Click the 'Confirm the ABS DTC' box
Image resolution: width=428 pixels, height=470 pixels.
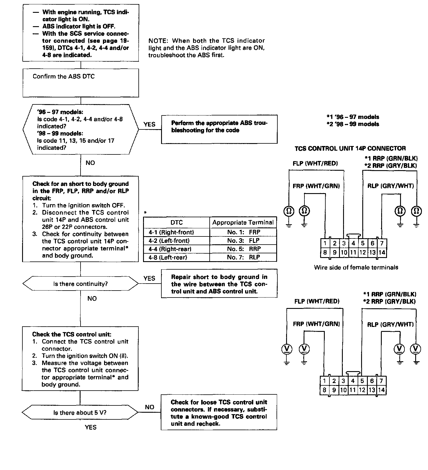pos(81,83)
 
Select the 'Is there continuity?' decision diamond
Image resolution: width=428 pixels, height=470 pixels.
pos(80,284)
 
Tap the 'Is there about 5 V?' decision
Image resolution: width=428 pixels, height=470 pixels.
pos(80,413)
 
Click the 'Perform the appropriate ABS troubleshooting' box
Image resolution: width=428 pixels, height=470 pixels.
pos(219,129)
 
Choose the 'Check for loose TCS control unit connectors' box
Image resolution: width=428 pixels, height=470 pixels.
pos(219,413)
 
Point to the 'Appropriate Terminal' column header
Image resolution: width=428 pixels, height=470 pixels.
pos(243,222)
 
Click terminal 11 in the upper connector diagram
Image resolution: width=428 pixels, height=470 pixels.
pos(353,252)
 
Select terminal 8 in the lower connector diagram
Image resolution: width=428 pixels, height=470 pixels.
pos(324,390)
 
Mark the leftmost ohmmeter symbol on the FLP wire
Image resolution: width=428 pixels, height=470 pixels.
pos(289,211)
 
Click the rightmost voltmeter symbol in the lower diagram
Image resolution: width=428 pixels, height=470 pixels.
pos(416,349)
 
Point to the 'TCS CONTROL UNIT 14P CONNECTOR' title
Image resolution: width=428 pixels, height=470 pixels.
pos(350,149)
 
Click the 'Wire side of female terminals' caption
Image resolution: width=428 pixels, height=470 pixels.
pos(356,267)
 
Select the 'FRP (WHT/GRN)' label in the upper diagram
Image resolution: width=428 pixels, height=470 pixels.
pos(316,186)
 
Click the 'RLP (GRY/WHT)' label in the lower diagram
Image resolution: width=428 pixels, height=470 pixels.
pos(390,324)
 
